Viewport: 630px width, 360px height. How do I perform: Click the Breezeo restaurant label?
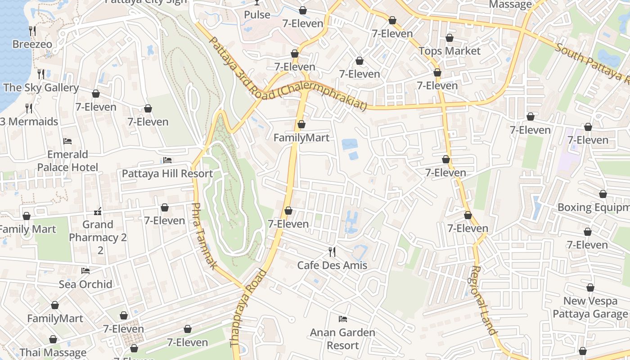click(x=32, y=44)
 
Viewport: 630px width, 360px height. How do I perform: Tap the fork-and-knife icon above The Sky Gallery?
click(x=41, y=74)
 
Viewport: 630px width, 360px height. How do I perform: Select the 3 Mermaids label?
click(x=29, y=121)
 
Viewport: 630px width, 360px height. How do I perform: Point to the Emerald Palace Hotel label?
click(x=67, y=161)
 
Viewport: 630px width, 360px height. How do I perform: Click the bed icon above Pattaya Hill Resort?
click(x=167, y=160)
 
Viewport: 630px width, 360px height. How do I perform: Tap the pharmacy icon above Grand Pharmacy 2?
click(x=98, y=211)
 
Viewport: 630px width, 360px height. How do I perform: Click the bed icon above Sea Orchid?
click(x=85, y=270)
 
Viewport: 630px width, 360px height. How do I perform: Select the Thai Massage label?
click(x=53, y=352)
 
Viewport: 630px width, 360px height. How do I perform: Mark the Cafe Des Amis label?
click(x=332, y=265)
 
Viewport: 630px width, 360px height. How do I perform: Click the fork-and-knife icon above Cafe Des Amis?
click(x=332, y=252)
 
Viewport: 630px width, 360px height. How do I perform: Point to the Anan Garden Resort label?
click(x=342, y=339)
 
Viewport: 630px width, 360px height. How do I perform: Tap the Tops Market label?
click(x=450, y=51)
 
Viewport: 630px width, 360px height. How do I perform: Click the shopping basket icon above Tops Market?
click(x=450, y=38)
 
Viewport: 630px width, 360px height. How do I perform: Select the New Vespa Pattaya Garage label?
click(x=590, y=307)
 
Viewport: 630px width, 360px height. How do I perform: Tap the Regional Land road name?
click(x=483, y=300)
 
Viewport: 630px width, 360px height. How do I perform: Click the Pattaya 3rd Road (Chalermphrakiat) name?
click(x=288, y=74)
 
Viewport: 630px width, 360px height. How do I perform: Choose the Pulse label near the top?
click(x=257, y=15)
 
